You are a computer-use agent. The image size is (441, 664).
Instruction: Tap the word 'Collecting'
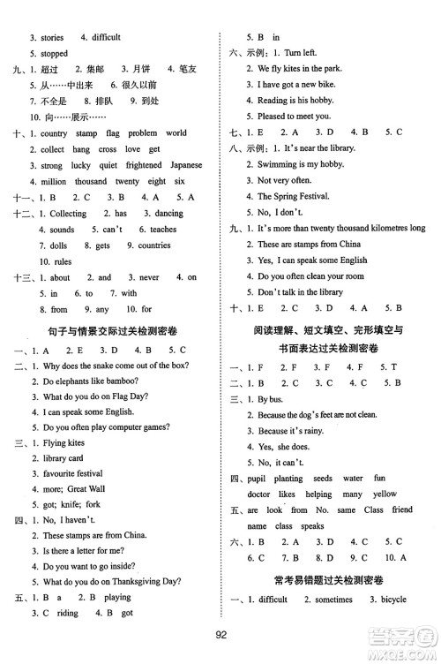coord(67,214)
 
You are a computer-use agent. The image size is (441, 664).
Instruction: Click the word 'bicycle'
coord(388,600)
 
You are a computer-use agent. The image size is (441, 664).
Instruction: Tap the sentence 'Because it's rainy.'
coord(292,431)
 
